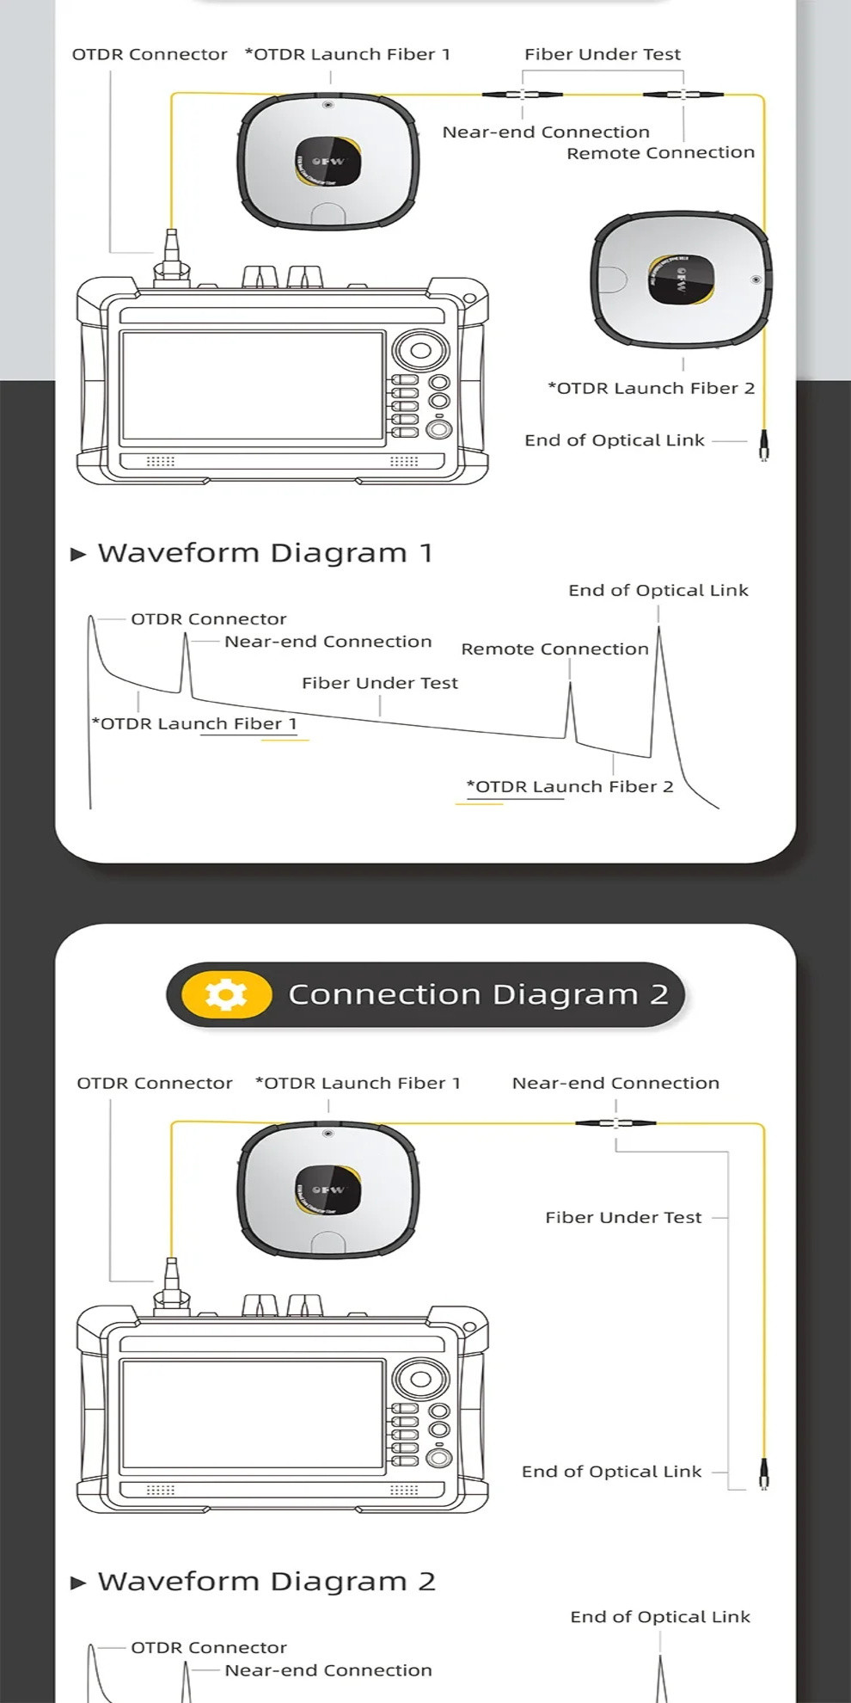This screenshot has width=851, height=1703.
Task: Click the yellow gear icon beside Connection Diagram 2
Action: click(x=226, y=994)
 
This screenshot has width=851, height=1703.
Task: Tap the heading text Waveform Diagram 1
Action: click(x=264, y=553)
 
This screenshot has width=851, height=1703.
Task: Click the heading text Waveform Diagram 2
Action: click(x=266, y=1582)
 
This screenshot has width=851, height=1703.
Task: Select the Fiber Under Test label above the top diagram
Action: click(x=602, y=54)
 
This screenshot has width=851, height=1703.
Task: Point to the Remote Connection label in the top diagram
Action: click(x=660, y=153)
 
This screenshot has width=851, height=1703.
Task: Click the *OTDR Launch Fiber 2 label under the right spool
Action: click(x=651, y=388)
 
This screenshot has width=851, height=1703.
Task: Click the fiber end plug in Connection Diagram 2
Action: click(x=763, y=1474)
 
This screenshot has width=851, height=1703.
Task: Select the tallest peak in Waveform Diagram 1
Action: click(x=658, y=633)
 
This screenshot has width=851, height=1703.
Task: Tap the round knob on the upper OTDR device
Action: click(x=420, y=350)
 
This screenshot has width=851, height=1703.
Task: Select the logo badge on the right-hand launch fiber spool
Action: click(x=681, y=280)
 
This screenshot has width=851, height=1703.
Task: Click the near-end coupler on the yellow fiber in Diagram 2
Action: click(x=615, y=1122)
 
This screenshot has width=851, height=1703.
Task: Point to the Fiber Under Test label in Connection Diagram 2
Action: click(x=623, y=1218)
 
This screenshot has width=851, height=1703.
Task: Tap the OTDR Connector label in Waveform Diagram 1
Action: click(x=208, y=619)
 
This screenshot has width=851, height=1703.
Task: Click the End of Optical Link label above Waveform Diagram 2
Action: click(x=659, y=1617)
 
